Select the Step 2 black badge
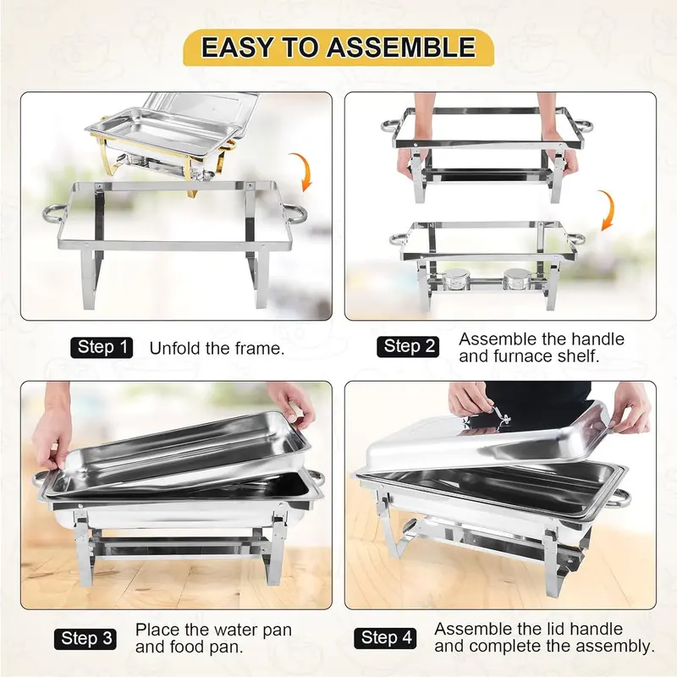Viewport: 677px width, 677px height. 410,346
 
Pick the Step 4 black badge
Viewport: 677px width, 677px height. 388,638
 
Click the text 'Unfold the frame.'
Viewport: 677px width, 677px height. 217,348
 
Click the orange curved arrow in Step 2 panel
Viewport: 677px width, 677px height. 606,210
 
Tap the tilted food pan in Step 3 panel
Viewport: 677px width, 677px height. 182,453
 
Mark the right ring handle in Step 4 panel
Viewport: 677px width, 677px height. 620,498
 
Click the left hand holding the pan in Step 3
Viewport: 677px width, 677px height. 51,427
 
